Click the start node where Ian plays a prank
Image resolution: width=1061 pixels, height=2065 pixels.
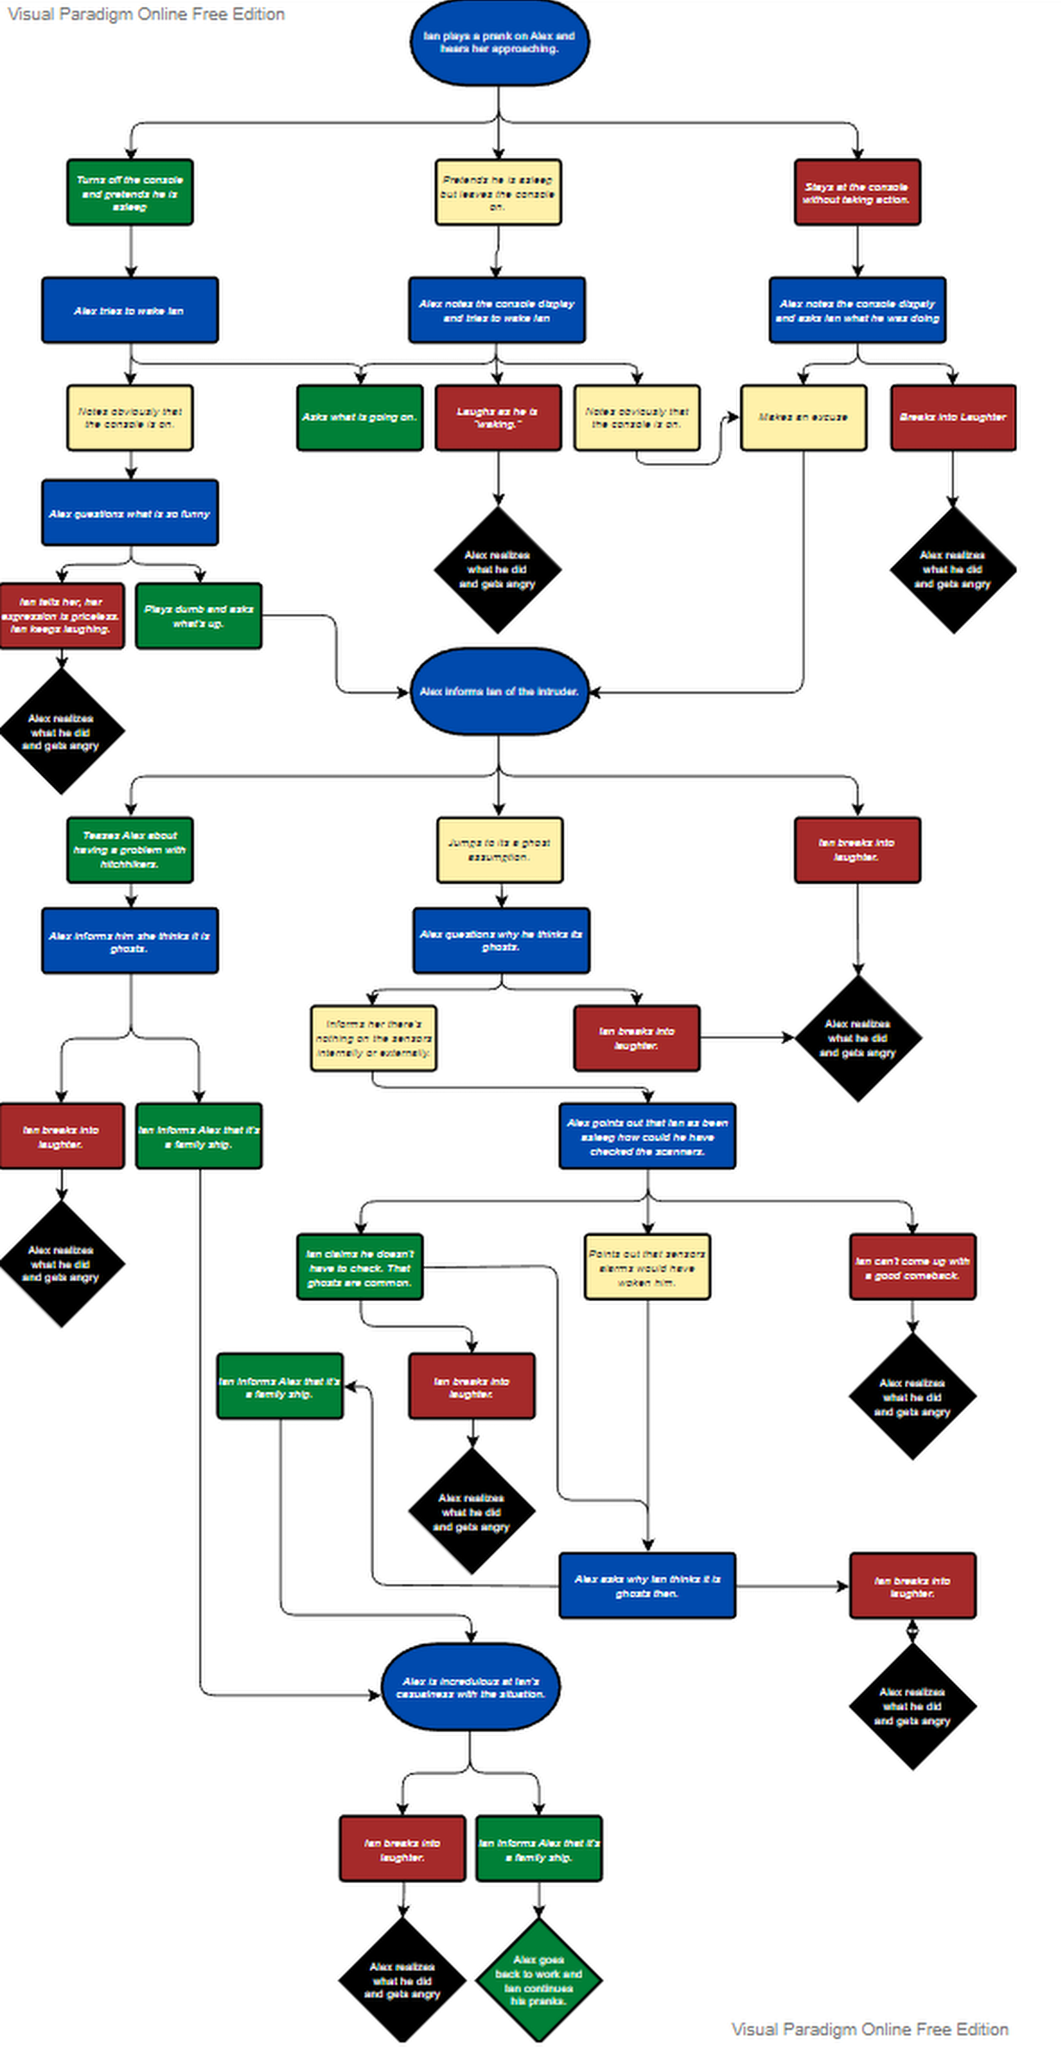[x=499, y=43]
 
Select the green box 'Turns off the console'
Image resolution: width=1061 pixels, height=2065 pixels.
[x=130, y=192]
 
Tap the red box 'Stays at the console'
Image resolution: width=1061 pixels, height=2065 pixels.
[x=857, y=192]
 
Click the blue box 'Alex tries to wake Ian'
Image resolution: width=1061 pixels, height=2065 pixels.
[x=130, y=310]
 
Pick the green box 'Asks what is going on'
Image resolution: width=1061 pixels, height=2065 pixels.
[x=359, y=417]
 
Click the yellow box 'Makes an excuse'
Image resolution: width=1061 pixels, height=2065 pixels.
[x=803, y=417]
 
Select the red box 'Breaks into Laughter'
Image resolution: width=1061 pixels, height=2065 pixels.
[x=952, y=417]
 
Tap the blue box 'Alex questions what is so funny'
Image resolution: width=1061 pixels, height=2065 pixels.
[x=130, y=513]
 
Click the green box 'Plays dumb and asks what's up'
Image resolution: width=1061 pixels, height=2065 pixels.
[x=199, y=616]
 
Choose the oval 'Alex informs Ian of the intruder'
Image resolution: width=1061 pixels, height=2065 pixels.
[x=499, y=691]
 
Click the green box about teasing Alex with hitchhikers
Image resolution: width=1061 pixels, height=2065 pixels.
[x=130, y=850]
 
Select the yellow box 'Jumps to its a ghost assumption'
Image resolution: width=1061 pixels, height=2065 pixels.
[x=499, y=850]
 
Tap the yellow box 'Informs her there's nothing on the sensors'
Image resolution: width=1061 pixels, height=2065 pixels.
[x=373, y=1038]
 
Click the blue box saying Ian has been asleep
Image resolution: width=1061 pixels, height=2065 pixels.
[x=647, y=1136]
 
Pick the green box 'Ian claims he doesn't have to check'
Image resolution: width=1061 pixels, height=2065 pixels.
[x=359, y=1267]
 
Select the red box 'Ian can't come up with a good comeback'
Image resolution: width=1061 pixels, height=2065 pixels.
[x=912, y=1267]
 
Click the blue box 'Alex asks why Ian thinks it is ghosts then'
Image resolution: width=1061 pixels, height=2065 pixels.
[x=647, y=1586]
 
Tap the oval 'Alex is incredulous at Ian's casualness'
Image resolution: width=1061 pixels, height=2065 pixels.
[x=471, y=1687]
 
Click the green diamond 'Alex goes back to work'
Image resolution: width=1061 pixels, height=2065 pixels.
[x=539, y=1980]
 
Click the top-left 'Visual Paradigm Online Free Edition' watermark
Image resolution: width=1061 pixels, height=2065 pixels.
[x=147, y=14]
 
